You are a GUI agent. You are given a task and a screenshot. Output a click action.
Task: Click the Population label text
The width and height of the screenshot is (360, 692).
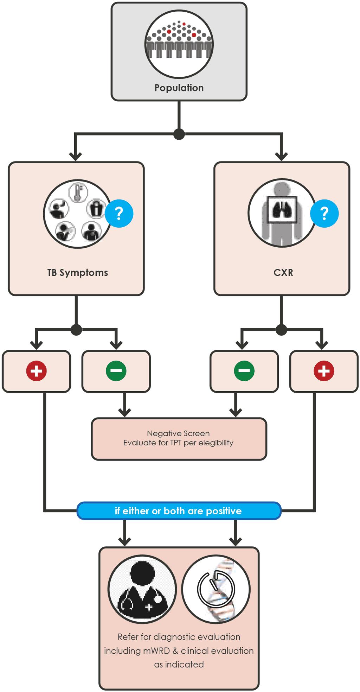click(179, 88)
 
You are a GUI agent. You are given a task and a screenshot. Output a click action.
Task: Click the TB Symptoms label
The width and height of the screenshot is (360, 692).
click(77, 273)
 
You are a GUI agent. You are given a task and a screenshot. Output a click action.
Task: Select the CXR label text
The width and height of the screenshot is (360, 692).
click(283, 273)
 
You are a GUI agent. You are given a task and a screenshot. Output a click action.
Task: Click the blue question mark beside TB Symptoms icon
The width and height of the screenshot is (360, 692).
click(119, 214)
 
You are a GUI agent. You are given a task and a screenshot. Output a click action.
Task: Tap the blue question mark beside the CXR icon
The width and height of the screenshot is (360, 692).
click(324, 214)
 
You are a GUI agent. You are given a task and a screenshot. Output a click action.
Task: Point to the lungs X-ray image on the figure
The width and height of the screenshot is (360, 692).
click(282, 210)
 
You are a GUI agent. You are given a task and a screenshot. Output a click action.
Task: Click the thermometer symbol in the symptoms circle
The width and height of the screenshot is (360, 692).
click(78, 192)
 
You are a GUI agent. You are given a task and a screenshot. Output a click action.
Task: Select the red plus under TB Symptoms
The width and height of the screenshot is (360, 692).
click(36, 371)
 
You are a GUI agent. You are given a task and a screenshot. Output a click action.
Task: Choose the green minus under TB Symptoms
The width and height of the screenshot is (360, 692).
click(116, 371)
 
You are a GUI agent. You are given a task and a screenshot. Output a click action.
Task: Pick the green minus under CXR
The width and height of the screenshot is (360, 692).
click(244, 371)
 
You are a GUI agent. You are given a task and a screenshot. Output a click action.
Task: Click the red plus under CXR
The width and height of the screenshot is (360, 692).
click(324, 371)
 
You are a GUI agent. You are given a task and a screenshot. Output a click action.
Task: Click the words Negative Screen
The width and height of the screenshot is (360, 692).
click(178, 433)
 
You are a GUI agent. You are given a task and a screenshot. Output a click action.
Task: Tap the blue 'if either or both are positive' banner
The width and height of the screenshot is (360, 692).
click(179, 511)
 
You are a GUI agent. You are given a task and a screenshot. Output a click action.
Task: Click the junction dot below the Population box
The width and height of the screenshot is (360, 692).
click(179, 134)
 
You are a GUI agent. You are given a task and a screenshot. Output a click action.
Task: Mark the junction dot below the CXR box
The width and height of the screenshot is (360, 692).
click(281, 330)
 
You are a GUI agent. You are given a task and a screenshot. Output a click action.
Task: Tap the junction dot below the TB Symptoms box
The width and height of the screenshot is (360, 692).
click(76, 330)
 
